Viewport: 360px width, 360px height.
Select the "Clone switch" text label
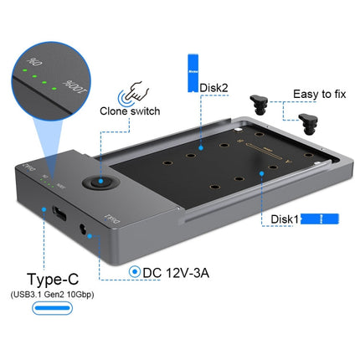132,109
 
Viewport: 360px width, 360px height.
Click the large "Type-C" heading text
64,278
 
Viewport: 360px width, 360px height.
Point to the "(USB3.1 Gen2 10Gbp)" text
63,296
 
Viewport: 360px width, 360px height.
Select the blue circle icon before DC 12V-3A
135,271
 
